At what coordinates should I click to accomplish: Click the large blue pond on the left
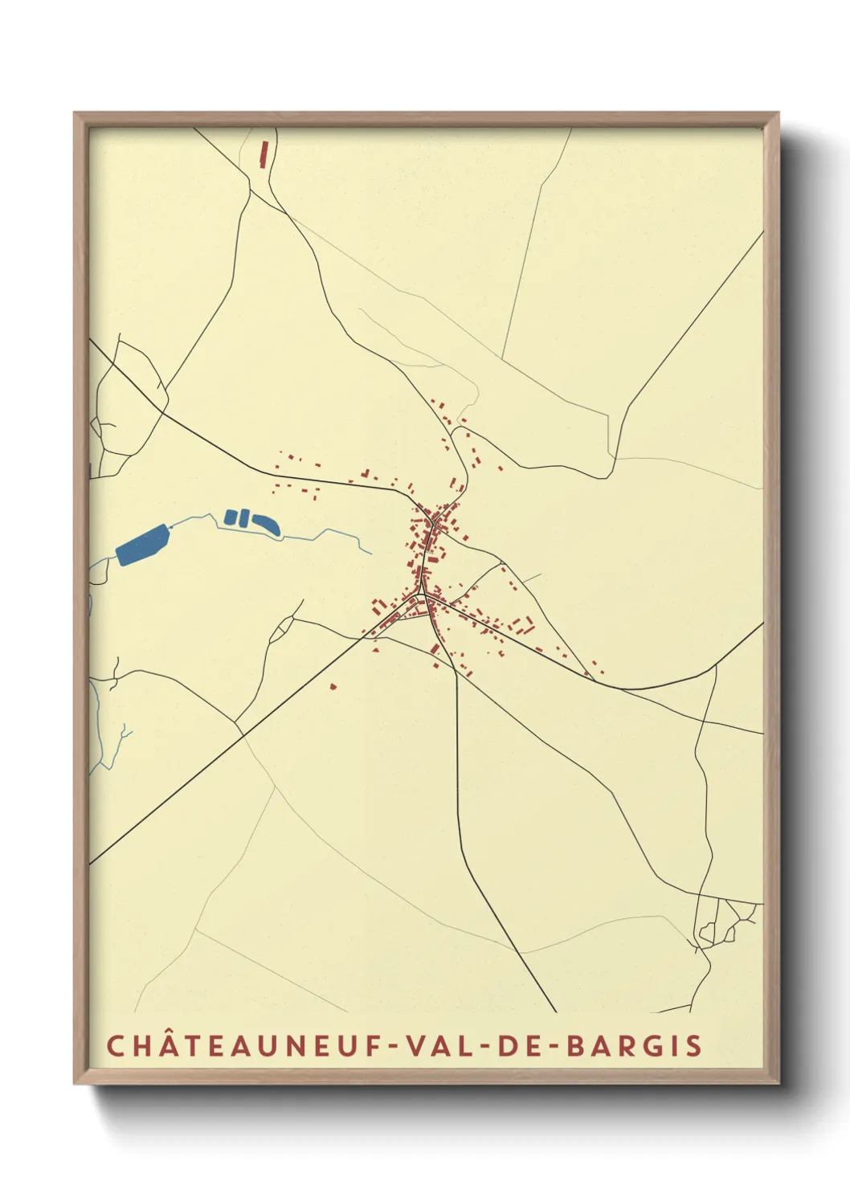click(143, 545)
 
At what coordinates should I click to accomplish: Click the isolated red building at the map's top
click(264, 153)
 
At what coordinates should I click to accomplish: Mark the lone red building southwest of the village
click(333, 686)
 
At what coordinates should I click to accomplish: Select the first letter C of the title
click(115, 1046)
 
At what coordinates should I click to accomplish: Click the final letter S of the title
click(694, 1046)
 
